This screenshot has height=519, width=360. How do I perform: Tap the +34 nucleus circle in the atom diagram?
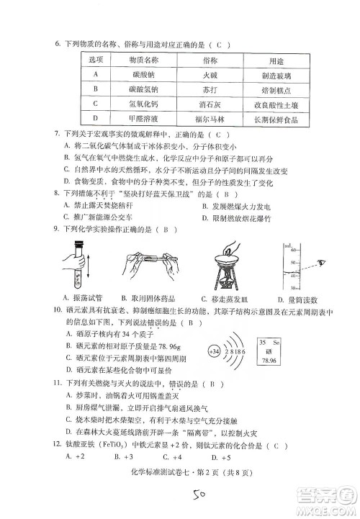(214, 351)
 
